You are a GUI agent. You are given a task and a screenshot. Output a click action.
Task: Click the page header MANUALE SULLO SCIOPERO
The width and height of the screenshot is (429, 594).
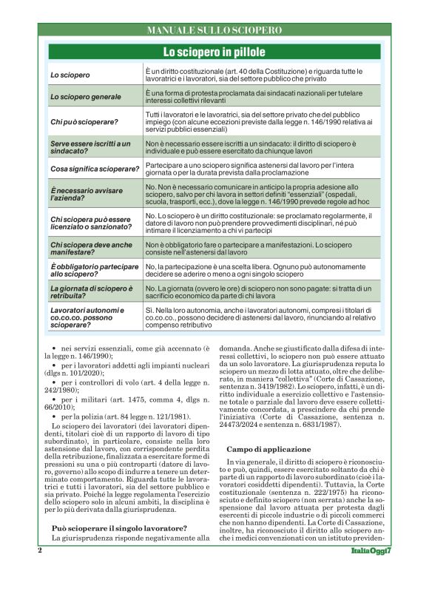(x=214, y=30)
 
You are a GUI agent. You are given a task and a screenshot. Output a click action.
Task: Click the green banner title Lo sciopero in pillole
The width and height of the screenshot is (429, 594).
(x=214, y=52)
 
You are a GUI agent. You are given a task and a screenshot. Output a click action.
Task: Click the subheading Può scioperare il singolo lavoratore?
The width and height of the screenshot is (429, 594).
(x=119, y=528)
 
